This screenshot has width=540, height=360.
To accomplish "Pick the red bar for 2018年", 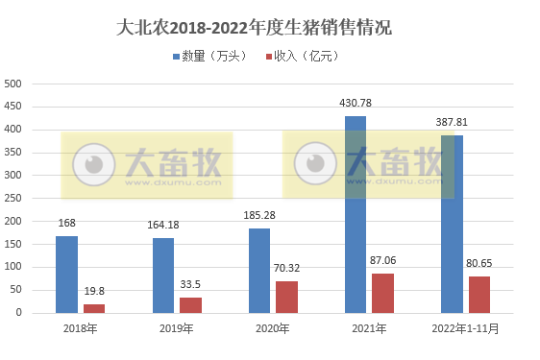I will (94, 307).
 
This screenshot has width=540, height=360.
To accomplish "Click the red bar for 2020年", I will (286, 296).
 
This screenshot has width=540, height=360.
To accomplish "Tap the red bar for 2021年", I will (383, 292).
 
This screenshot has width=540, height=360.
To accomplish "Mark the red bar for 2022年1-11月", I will (479, 294).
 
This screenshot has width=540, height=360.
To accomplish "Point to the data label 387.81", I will (452, 122).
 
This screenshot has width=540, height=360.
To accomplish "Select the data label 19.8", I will (94, 290).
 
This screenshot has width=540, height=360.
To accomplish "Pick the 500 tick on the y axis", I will (13, 84).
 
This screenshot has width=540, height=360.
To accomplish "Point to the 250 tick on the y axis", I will (13, 198).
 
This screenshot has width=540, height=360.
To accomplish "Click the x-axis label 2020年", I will (273, 329).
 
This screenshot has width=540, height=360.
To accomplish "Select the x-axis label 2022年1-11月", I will (466, 329).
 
